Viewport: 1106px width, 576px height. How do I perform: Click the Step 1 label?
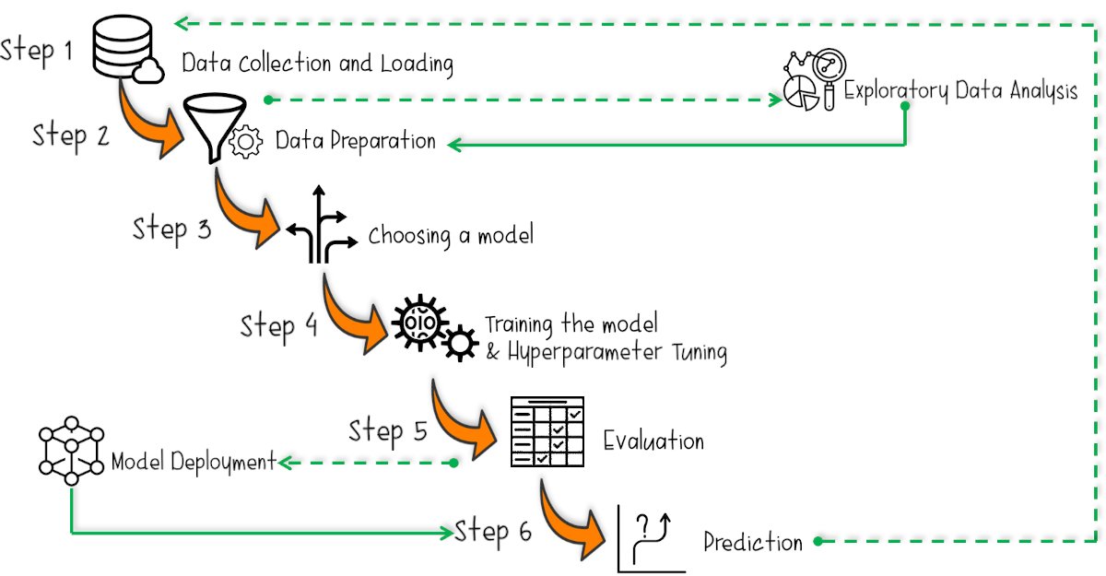(37, 50)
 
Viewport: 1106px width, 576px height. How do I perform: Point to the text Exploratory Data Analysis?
(960, 91)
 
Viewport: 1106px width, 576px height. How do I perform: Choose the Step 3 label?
(171, 228)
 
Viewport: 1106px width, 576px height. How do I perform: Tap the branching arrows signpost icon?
(318, 227)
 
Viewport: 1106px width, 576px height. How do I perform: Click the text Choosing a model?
(451, 236)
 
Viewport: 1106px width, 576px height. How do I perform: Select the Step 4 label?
(279, 326)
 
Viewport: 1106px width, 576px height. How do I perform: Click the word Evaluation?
(653, 441)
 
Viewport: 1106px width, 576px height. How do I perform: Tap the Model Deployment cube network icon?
(71, 453)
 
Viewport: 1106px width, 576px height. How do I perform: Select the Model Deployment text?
(194, 461)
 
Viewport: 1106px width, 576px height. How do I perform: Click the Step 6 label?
(493, 532)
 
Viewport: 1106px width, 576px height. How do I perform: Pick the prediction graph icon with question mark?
(648, 540)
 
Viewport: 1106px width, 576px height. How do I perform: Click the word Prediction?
(753, 542)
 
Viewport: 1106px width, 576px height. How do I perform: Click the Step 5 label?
(388, 431)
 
